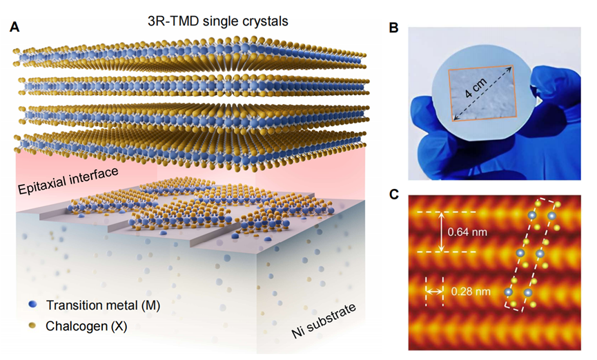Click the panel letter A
14,28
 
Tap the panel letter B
393,28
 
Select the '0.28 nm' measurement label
471,292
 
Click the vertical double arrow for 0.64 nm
442,232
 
